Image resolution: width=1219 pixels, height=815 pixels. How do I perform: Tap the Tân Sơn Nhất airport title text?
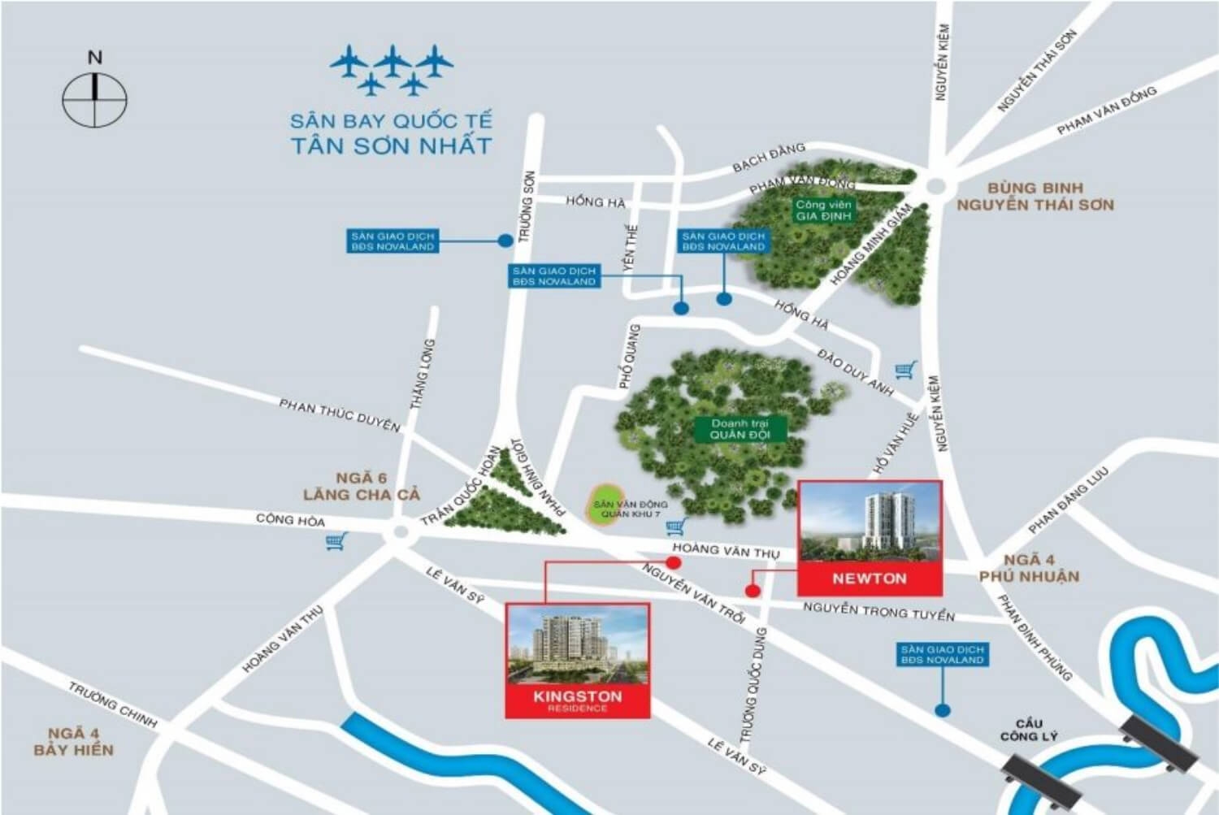(391, 134)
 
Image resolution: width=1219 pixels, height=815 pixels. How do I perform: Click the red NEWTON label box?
(870, 579)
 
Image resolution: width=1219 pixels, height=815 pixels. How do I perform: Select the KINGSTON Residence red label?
(578, 700)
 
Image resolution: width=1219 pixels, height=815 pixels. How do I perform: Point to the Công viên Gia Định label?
(823, 210)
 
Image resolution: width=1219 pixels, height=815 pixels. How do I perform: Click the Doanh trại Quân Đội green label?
(739, 429)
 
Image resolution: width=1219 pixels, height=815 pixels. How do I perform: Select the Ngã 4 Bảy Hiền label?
(73, 742)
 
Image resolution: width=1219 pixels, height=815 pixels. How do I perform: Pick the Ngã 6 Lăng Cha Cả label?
(362, 487)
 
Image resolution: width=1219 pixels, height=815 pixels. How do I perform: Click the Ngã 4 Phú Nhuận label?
(1029, 568)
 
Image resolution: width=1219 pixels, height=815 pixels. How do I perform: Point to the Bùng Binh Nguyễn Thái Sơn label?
(1035, 197)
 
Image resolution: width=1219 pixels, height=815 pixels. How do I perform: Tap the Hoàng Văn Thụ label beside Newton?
(726, 550)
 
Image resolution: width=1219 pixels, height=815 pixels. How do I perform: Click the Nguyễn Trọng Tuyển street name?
(878, 611)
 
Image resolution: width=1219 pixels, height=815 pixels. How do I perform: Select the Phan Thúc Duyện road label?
(340, 414)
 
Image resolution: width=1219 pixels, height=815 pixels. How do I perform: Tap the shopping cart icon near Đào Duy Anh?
(905, 371)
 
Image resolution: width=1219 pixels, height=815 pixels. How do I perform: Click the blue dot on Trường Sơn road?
(505, 241)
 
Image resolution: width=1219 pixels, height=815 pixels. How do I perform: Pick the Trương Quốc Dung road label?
(753, 685)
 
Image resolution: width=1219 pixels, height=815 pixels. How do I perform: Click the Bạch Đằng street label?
(768, 157)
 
